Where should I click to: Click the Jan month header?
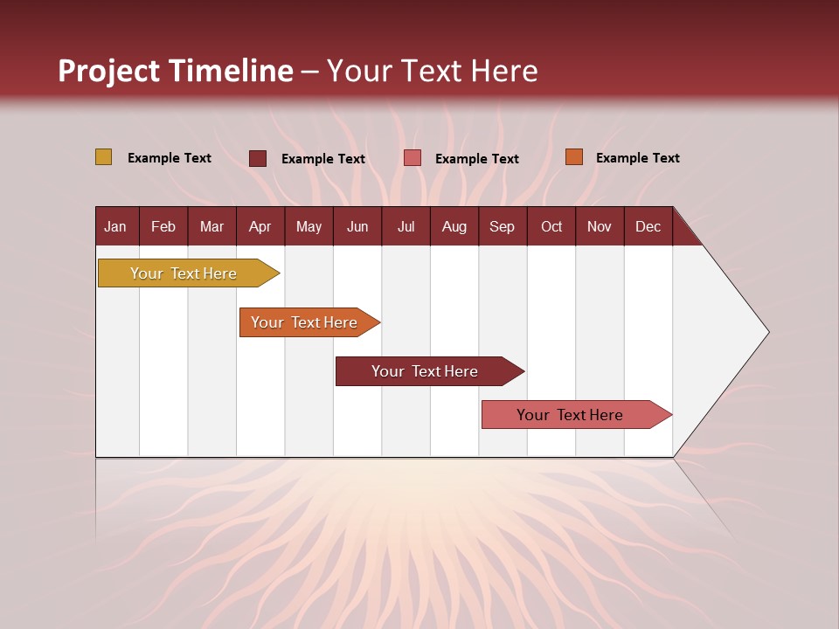click(x=115, y=227)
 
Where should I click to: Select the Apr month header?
click(x=260, y=227)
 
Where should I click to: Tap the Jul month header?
click(x=406, y=227)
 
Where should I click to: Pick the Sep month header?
click(x=502, y=227)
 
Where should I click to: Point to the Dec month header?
click(x=648, y=227)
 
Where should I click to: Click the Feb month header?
click(x=163, y=227)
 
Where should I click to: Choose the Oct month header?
click(x=551, y=227)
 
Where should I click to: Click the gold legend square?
click(x=103, y=157)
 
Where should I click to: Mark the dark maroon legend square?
click(x=258, y=158)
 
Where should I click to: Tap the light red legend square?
click(x=413, y=158)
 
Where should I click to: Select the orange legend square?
click(x=573, y=157)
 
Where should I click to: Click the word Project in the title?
click(x=109, y=71)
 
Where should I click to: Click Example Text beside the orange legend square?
click(x=637, y=158)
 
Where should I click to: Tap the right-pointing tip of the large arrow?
click(x=766, y=332)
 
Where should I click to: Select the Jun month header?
click(x=357, y=227)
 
